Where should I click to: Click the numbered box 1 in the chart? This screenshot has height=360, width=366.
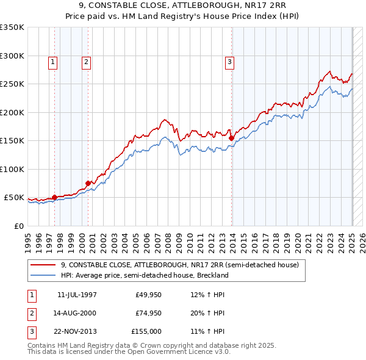pyautogui.click(x=53, y=62)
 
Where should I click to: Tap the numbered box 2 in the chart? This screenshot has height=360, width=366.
pyautogui.click(x=87, y=62)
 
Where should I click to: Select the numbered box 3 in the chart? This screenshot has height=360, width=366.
pyautogui.click(x=230, y=62)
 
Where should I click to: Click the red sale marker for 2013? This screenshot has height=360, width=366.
pyautogui.click(x=232, y=139)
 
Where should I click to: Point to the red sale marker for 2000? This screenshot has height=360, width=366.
pyautogui.click(x=88, y=183)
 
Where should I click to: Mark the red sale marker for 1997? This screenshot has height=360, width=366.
pyautogui.click(x=54, y=197)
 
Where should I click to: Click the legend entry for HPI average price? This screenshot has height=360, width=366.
pyautogui.click(x=144, y=275)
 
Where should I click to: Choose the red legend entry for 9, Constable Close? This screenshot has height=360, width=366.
pyautogui.click(x=179, y=265)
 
